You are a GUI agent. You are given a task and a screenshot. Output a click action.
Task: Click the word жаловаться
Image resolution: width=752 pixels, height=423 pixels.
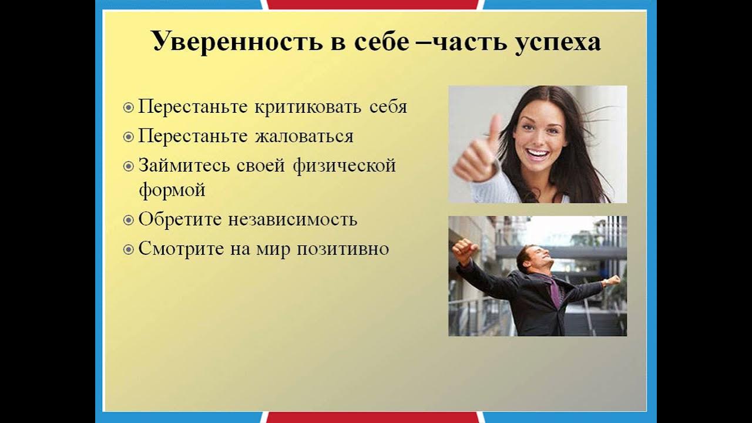(304, 136)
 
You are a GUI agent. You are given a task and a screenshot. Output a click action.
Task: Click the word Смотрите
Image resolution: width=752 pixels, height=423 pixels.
(174, 249)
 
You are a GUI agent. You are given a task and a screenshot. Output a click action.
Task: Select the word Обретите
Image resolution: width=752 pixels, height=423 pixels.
(172, 220)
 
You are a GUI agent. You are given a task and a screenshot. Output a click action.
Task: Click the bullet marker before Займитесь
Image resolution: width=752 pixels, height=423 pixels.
(129, 166)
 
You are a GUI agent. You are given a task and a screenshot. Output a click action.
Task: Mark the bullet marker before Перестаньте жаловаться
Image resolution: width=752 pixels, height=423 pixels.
(129, 137)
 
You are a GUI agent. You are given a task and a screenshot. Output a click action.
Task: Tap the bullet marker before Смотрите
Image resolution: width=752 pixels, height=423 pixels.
(129, 250)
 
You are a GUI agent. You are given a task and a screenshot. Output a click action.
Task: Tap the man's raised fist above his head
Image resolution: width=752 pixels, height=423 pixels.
(464, 249)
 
